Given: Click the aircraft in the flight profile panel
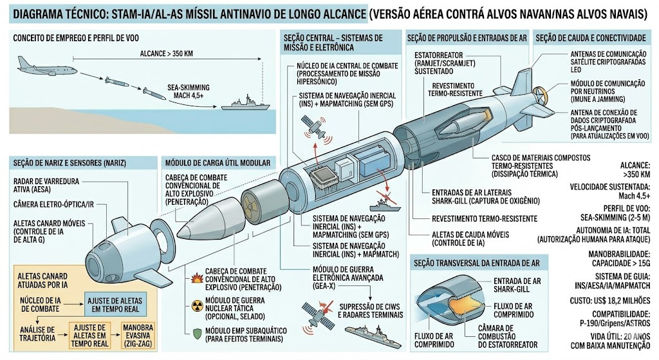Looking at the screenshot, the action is tap(46, 66).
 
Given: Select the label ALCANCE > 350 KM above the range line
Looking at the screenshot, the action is tap(167, 53).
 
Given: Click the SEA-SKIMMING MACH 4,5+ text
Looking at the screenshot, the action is tap(189, 91).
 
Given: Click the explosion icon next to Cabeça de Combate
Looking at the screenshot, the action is tap(197, 278).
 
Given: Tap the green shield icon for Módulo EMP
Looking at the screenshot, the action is tap(197, 334).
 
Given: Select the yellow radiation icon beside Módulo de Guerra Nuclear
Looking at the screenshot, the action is tap(197, 306).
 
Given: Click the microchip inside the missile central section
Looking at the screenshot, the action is tap(323, 176).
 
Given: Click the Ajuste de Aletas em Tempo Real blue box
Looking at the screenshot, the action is tap(115, 305).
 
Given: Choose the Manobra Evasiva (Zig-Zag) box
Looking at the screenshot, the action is tap(137, 335).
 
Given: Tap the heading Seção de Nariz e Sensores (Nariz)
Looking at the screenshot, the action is tap(70, 163).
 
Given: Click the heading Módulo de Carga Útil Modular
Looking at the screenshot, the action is tap(218, 163).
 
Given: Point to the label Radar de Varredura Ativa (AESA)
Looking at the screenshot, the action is tap(46, 185).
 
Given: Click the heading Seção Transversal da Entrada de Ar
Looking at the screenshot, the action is tap(477, 263).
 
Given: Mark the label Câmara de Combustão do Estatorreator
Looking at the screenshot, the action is tap(508, 336).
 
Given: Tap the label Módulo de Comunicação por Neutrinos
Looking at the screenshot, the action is tap(608, 91).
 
